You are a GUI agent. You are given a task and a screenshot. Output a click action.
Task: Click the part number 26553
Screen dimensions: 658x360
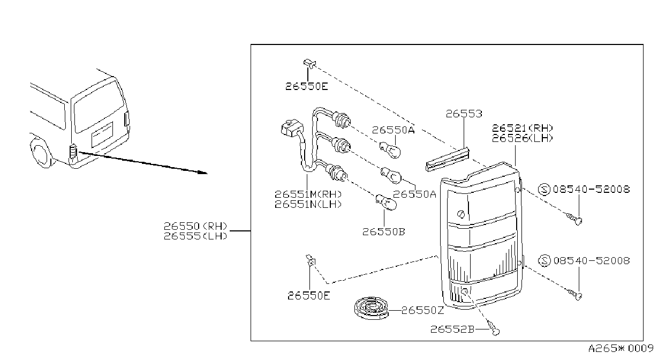tap(464, 114)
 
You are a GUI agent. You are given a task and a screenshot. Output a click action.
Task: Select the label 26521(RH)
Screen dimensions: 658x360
tap(523, 129)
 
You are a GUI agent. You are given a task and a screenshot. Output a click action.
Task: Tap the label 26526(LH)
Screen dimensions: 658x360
tap(523, 138)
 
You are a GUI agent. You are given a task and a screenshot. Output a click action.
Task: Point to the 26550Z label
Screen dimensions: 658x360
tap(422, 310)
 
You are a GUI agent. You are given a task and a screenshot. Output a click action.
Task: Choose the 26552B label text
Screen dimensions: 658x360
tap(452, 329)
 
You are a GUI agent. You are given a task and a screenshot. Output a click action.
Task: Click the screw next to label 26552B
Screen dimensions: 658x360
tap(494, 328)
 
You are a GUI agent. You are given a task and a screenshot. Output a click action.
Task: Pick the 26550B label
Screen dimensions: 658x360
tap(384, 232)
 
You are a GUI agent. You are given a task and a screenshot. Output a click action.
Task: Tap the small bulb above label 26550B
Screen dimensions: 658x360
tap(386, 202)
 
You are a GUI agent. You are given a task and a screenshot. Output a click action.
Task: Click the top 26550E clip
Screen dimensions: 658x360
tap(309, 63)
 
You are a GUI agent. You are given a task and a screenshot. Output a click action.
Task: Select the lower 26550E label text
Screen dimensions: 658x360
tap(309, 296)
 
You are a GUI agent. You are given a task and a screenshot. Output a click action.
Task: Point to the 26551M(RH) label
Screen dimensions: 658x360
tap(308, 194)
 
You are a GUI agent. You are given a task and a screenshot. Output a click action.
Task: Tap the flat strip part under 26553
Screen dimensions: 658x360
tap(447, 159)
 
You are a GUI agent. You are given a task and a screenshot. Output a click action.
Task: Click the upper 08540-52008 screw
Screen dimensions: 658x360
tap(575, 219)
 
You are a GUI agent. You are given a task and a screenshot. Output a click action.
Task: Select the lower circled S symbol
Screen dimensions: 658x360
tap(544, 261)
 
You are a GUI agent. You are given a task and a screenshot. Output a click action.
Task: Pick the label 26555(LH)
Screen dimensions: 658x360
tap(195, 236)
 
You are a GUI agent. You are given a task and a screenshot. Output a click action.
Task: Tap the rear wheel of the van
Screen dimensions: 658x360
tap(41, 154)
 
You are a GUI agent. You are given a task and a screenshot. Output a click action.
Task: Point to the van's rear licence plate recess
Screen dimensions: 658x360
tap(102, 134)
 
